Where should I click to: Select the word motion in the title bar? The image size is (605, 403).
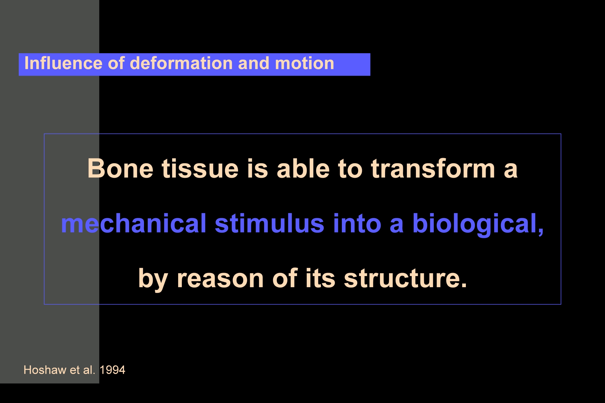pos(304,63)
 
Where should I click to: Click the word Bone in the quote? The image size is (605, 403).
pos(120,168)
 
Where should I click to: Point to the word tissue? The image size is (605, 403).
pos(200,168)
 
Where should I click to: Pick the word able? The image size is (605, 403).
pos(303,168)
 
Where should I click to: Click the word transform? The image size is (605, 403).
pos(433,168)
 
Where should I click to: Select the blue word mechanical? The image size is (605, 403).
pos(134,223)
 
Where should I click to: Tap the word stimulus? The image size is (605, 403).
pos(270,223)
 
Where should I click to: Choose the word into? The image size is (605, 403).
pos(357,223)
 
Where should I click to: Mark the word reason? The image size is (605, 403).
pos(220,278)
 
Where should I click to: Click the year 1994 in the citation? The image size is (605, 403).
pos(112,370)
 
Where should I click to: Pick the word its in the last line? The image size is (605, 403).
pos(320,278)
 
